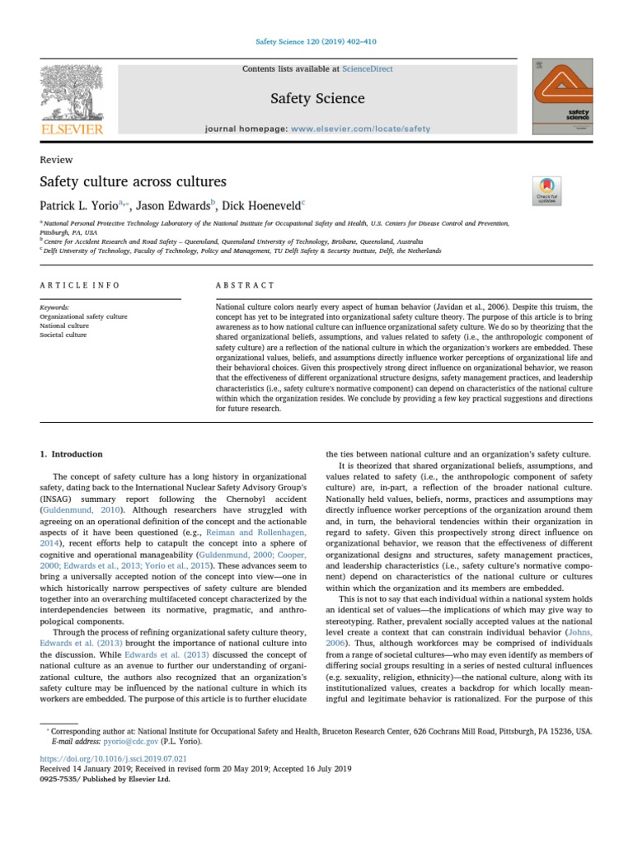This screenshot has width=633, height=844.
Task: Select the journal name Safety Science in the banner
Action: coord(317,99)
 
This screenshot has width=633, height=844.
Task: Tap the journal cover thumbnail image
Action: coord(562,96)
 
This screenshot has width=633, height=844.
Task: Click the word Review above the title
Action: coord(56,160)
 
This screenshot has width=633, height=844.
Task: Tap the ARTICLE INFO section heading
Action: coord(80,285)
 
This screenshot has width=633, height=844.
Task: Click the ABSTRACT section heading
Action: coord(245,285)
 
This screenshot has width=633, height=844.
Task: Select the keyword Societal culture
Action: coord(63,335)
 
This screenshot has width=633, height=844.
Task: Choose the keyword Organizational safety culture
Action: coord(83,316)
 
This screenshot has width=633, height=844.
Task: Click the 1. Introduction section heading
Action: coord(72,454)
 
